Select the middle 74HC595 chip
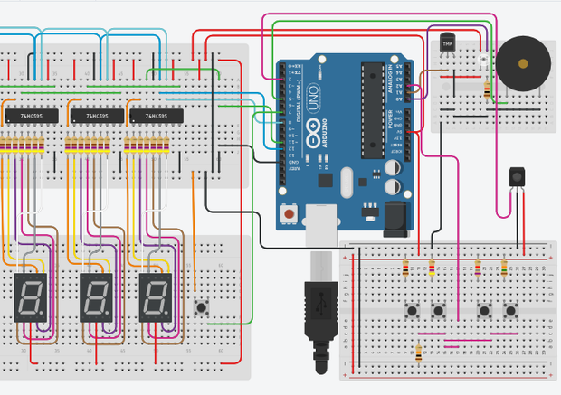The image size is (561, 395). point(93,117)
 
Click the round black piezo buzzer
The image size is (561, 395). point(524,64)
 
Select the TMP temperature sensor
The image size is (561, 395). point(446,42)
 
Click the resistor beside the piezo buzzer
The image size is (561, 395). point(488,89)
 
